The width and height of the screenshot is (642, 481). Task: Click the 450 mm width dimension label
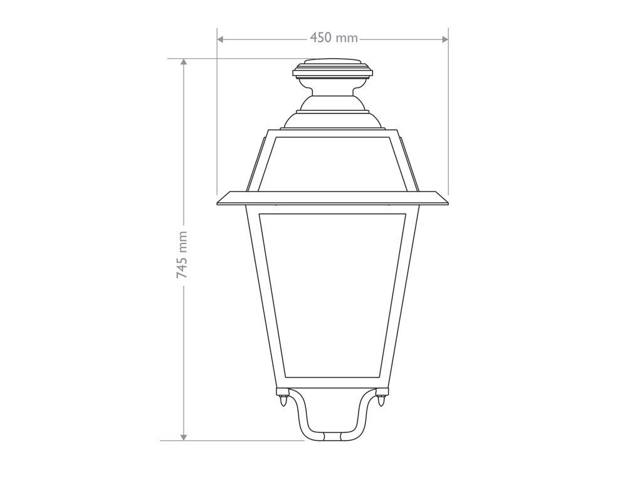(334, 38)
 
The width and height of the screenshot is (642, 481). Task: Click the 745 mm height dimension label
(182, 254)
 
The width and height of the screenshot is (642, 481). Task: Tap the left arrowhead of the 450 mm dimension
(221, 39)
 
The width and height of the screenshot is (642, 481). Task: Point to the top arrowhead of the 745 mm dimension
(184, 63)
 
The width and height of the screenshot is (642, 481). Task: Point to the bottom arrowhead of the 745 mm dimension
(184, 436)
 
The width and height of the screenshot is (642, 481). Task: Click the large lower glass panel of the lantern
(333, 294)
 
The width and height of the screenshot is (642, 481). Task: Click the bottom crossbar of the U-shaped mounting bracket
(333, 434)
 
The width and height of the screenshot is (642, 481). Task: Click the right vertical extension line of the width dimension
(448, 113)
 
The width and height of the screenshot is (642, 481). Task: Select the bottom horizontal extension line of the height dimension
(232, 440)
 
